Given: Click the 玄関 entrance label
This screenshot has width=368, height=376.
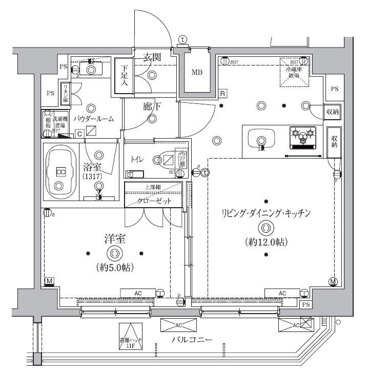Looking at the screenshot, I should point(152,58).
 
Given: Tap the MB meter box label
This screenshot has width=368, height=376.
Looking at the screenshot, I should point(197,72).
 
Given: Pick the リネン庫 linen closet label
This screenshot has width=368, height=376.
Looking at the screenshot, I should point(66,93).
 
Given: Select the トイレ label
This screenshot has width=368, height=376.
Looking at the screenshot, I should point(137,160).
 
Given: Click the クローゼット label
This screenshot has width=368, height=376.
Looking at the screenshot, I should point(154,201).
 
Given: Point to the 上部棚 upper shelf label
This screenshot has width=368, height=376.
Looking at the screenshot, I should point(154,187).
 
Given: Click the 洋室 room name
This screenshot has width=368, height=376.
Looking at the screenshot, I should point(114,239).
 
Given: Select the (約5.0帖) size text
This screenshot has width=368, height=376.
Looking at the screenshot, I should point(114,267).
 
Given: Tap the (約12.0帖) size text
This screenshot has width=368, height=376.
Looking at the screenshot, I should point(266,242).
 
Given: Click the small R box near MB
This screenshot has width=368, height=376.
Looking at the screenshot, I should point(223,93).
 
